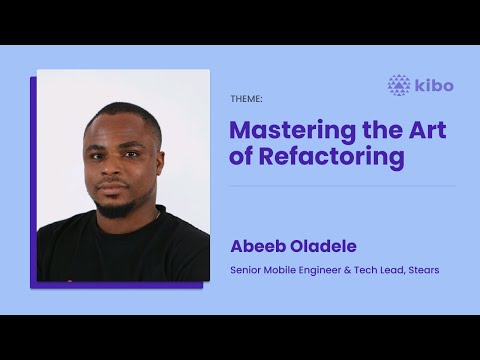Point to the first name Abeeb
pyautogui.click(x=257, y=246)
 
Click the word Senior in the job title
pyautogui.click(x=247, y=270)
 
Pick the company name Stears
pyautogui.click(x=420, y=270)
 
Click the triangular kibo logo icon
pyautogui.click(x=399, y=86)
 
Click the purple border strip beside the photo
pyautogui.click(x=33, y=180)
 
